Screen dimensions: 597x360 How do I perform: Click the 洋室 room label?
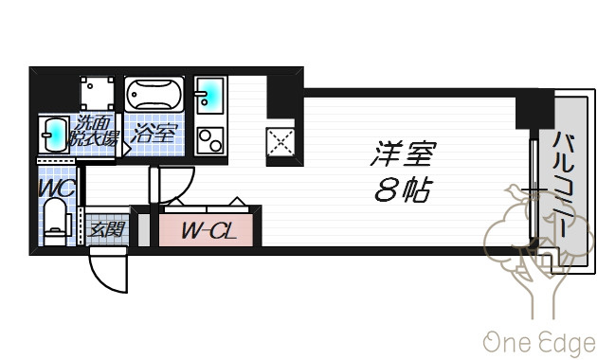pos(402,153)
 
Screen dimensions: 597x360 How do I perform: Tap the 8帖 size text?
pos(404,189)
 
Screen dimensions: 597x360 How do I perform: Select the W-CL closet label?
pos(208,230)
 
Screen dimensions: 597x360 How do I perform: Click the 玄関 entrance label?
pos(106,229)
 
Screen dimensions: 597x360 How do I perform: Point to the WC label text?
pos(56,188)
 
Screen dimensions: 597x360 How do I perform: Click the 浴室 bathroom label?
pos(154,134)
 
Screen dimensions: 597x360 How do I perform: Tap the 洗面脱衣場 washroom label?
pos(93,131)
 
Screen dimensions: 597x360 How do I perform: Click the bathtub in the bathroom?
pos(154,94)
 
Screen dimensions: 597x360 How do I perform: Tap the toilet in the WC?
pos(56,223)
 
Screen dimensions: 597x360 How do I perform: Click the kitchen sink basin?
pos(209,95)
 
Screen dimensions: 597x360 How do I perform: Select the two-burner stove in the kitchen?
pos(210,140)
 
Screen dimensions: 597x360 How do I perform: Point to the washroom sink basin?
pos(54,135)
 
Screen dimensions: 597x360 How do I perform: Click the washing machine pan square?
pos(97,94)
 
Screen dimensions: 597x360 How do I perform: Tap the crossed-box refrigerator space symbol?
pos(280,143)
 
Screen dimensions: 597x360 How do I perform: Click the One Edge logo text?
pos(539,343)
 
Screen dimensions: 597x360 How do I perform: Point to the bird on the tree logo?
pos(515,191)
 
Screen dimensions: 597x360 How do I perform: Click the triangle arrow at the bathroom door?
pos(126,149)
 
